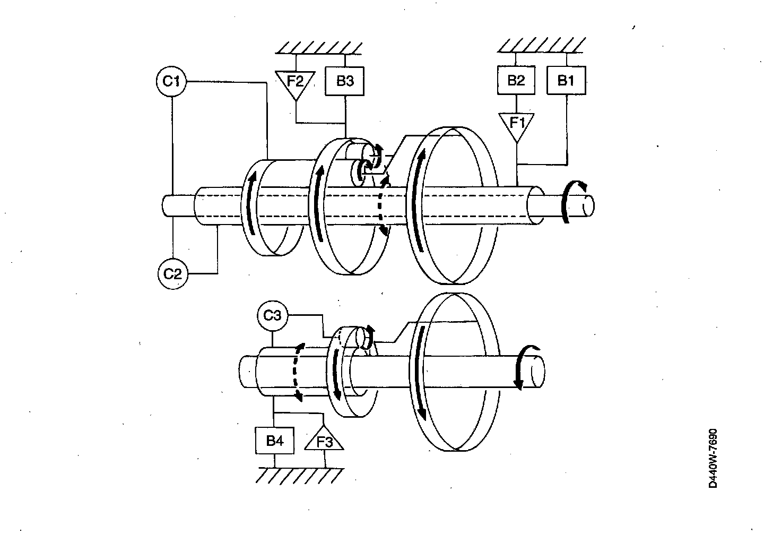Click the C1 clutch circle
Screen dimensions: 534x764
coord(171,82)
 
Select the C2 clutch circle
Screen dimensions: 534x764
coord(172,274)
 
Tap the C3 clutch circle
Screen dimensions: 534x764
coord(272,316)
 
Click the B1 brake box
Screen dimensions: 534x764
coord(566,80)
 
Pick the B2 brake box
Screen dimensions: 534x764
coord(516,80)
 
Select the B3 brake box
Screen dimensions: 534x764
coord(345,81)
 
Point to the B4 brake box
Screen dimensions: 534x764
coord(274,441)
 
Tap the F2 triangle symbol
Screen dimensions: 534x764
coord(296,83)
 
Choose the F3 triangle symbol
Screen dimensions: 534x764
coord(324,440)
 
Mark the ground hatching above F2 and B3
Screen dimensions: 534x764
coord(319,47)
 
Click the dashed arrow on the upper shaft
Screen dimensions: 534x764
coord(383,204)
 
